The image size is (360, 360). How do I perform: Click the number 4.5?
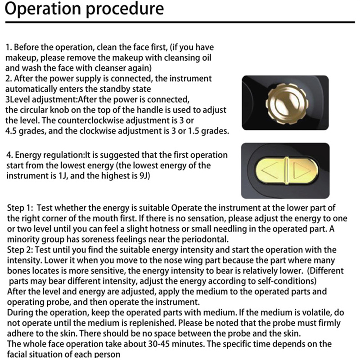[12, 132]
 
